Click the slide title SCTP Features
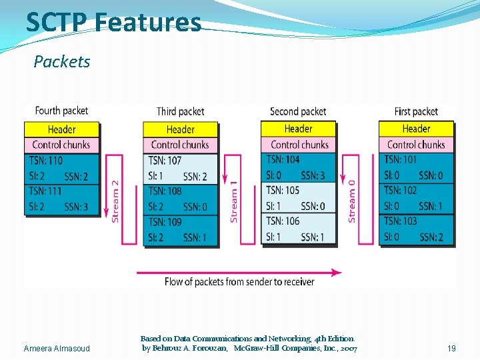[x=113, y=22]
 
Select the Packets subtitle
[x=62, y=62]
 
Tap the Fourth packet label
[x=61, y=111]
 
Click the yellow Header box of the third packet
[x=181, y=129]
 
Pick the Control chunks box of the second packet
[x=299, y=144]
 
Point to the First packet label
[x=416, y=111]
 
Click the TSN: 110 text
[x=46, y=161]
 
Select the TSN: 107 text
[x=165, y=161]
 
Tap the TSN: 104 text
[x=283, y=159]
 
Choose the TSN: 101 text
[x=401, y=160]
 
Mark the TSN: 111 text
[x=46, y=191]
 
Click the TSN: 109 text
[x=165, y=222]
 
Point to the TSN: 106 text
[x=283, y=221]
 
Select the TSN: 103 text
[x=401, y=221]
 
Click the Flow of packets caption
[x=239, y=282]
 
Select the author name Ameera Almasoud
[x=57, y=349]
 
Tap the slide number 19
[x=451, y=349]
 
